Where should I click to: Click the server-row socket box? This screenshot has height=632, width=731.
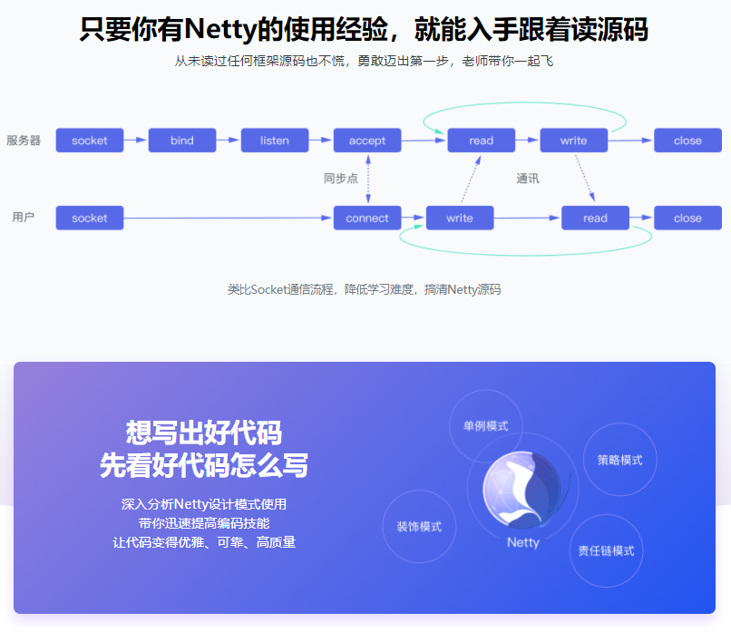(89, 141)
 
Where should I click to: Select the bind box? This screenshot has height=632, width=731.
(182, 141)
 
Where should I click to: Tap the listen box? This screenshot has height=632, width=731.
(275, 141)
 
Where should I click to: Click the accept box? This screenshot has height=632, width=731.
(367, 141)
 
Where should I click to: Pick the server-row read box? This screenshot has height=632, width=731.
(482, 141)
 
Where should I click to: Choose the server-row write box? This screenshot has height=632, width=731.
(574, 141)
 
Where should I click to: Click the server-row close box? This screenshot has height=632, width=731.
(687, 141)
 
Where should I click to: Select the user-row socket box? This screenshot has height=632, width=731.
(89, 218)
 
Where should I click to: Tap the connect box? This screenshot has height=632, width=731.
(367, 218)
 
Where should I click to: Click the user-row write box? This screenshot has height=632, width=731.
(460, 218)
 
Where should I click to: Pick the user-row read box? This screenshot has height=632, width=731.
(595, 218)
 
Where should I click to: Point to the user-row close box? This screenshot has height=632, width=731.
(687, 218)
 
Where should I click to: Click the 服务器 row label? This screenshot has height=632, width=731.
(24, 141)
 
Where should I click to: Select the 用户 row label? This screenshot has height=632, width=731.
(24, 218)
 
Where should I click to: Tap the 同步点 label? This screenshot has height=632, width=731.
(341, 179)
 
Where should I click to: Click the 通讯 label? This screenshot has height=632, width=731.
(528, 179)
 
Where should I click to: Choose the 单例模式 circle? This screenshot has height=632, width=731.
(486, 426)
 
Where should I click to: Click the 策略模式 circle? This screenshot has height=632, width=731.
(619, 460)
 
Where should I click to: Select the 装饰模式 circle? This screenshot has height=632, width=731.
(419, 527)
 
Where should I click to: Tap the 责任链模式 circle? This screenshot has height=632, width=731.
(606, 550)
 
